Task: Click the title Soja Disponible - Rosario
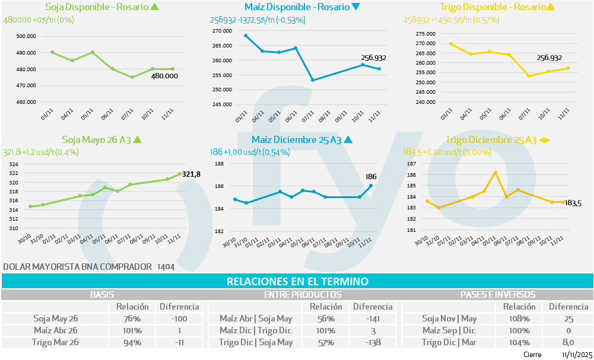[97, 7]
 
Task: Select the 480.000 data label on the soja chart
[164, 76]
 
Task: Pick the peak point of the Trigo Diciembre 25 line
[495, 173]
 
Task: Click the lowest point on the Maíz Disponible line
[313, 80]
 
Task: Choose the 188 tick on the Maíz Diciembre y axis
[218, 164]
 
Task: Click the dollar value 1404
[166, 267]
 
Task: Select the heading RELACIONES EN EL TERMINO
[297, 281]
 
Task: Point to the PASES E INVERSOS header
[498, 294]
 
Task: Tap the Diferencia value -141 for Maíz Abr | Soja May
[372, 318]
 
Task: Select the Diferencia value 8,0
[568, 342]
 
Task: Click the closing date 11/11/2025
[576, 354]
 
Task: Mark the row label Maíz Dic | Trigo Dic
[256, 330]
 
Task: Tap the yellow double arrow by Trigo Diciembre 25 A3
[545, 141]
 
